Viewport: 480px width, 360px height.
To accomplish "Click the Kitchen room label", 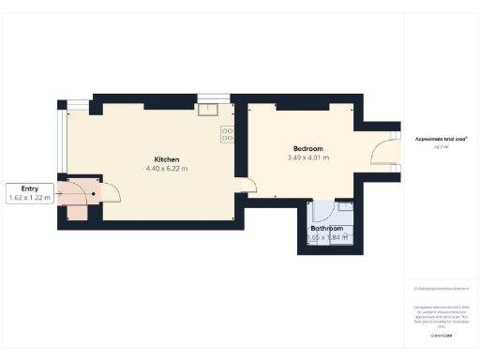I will click(167, 159).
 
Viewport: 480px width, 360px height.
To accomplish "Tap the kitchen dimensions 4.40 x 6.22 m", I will click(167, 169).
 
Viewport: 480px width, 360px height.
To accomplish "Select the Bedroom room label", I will click(307, 149).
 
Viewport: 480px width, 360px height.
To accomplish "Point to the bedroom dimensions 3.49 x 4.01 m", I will click(307, 158).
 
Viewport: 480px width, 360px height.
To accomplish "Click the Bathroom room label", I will click(327, 229).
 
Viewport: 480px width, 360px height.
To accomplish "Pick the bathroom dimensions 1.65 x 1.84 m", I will click(327, 238).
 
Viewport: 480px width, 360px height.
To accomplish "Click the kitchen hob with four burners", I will click(227, 135).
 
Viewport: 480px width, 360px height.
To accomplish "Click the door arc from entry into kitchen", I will click(111, 192).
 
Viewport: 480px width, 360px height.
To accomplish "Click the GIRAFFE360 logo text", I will click(440, 335).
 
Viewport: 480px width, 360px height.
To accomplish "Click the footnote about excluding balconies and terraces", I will click(440, 288).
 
